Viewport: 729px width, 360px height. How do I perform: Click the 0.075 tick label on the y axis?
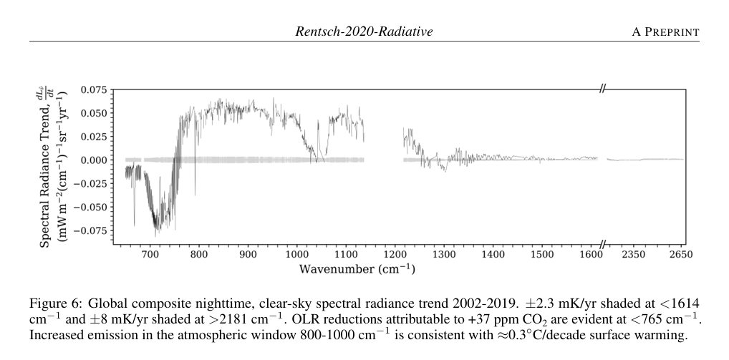point(93,89)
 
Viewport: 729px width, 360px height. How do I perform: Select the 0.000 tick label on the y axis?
point(93,160)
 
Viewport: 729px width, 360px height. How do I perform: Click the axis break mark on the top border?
point(603,89)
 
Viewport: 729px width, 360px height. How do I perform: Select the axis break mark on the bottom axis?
point(603,245)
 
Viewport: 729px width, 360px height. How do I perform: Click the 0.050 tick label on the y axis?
point(93,113)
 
